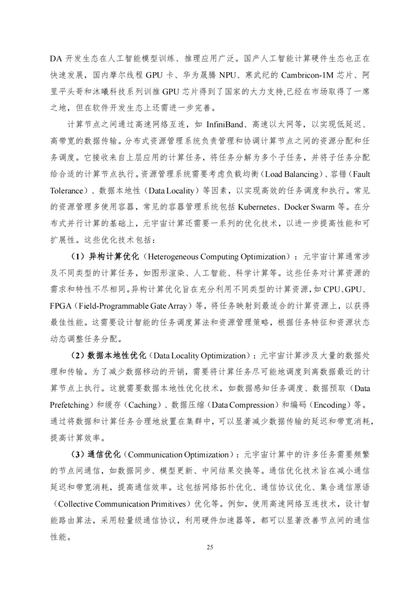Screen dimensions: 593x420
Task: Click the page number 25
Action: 210,547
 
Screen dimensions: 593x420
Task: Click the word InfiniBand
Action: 225,124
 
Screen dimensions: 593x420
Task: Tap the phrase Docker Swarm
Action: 309,207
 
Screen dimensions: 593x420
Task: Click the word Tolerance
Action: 66,191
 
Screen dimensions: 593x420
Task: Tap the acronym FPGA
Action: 61,306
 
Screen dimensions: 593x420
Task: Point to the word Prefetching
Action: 69,405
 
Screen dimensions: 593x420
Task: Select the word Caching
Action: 142,405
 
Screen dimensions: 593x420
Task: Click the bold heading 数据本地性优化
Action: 117,356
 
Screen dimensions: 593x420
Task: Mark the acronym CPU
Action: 331,290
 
